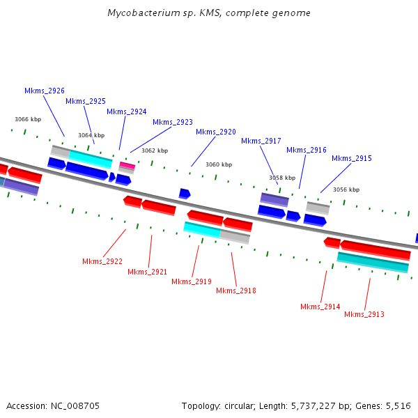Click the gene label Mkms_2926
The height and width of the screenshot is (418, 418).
pyautogui.click(x=45, y=91)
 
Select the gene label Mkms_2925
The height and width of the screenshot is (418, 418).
pyautogui.click(x=86, y=102)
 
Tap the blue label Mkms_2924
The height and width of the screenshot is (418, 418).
pyautogui.click(x=127, y=112)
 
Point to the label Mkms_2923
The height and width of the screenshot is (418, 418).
pyautogui.click(x=173, y=123)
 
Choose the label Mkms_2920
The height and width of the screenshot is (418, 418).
pyautogui.click(x=216, y=132)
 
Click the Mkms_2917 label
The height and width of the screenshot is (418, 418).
pyautogui.click(x=261, y=141)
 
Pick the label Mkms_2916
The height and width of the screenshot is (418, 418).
pyautogui.click(x=307, y=150)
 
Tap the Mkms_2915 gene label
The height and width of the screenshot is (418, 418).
pyautogui.click(x=352, y=159)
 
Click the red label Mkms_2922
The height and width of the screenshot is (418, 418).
pyautogui.click(x=102, y=262)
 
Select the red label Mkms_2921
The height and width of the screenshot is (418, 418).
pyautogui.click(x=148, y=272)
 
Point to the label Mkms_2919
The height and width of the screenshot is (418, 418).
pyautogui.click(x=192, y=282)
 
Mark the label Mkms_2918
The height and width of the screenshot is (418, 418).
pyautogui.click(x=236, y=291)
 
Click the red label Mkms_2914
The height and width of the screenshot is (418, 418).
pyautogui.click(x=320, y=307)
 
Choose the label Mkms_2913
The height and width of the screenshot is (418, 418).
pyautogui.click(x=364, y=315)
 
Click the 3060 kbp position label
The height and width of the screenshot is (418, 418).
pyautogui.click(x=219, y=165)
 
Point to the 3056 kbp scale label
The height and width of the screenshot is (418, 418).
pyautogui.click(x=346, y=190)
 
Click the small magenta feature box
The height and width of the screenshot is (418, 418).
pyautogui.click(x=127, y=165)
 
